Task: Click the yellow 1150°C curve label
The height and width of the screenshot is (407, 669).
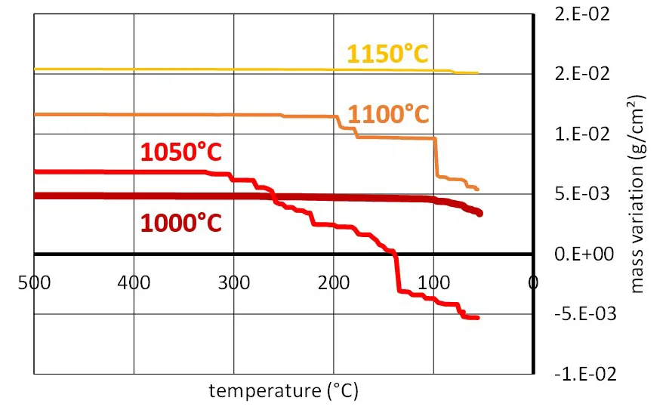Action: (387, 54)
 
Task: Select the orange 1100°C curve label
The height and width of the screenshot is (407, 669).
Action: (388, 115)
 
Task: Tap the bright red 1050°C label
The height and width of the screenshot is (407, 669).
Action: (181, 153)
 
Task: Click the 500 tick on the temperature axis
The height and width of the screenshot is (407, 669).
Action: (34, 284)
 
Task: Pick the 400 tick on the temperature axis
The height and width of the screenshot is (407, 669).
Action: (134, 284)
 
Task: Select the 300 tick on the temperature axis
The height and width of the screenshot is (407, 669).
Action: (233, 284)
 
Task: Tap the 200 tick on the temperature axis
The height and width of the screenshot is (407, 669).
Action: (333, 284)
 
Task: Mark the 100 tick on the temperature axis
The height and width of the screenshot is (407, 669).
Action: (433, 284)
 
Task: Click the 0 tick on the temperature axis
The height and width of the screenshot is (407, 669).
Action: (533, 284)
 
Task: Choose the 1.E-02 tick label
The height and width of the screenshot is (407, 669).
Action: (576, 134)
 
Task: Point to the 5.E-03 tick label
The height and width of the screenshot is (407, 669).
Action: (576, 194)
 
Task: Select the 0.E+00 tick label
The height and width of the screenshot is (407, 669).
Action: (576, 254)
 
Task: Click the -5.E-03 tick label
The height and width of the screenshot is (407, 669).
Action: (576, 314)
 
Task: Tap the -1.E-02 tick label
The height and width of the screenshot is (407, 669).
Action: (576, 374)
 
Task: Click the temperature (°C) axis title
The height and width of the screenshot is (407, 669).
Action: (283, 391)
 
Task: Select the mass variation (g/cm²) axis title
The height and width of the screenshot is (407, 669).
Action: (637, 194)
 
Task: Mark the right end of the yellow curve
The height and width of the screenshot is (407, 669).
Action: (478, 73)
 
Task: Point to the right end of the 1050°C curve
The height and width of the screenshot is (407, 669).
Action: (478, 318)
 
